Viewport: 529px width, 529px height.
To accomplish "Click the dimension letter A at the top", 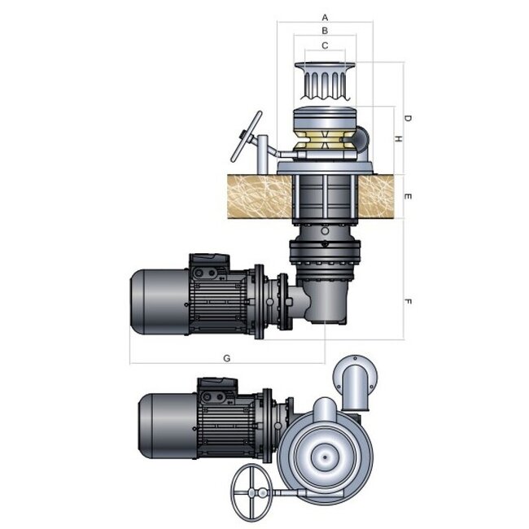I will [x=325, y=15].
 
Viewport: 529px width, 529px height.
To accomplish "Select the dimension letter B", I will [x=325, y=30].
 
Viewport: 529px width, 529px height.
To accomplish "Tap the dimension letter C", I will [x=325, y=46].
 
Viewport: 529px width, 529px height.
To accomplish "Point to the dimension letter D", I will [x=408, y=119].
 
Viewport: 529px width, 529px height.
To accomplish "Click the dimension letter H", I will [x=397, y=139].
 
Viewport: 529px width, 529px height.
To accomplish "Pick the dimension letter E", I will [x=408, y=197].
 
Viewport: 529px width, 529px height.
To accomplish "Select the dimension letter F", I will [x=408, y=302].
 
